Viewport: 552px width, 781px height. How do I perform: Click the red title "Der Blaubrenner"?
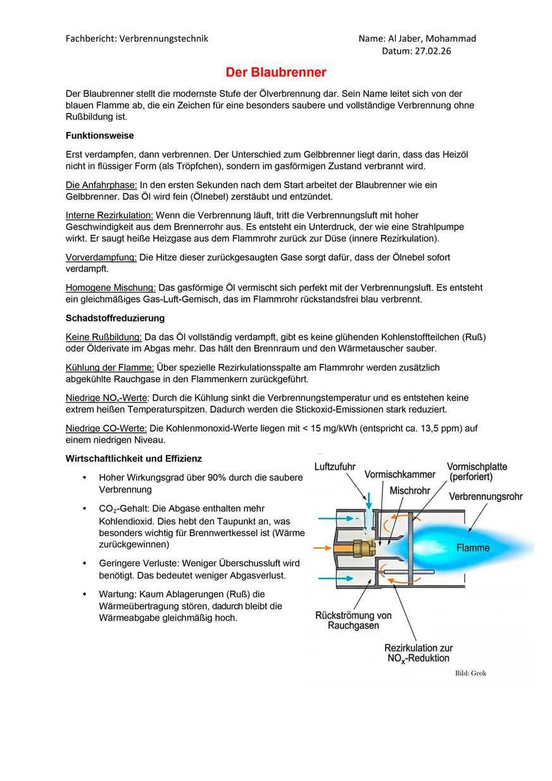pyautogui.click(x=276, y=73)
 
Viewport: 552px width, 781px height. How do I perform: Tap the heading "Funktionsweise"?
pyautogui.click(x=99, y=135)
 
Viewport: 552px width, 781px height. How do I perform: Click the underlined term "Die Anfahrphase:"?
pyautogui.click(x=101, y=185)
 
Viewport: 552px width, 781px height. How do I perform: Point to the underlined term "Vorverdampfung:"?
pyautogui.click(x=101, y=257)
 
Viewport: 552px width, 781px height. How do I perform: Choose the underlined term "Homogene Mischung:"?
pyautogui.click(x=111, y=287)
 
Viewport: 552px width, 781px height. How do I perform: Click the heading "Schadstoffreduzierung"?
pyautogui.click(x=115, y=318)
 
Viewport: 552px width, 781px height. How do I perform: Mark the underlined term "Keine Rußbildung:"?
pyautogui.click(x=104, y=337)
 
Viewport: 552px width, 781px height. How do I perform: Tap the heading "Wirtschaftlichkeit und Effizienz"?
pyautogui.click(x=134, y=458)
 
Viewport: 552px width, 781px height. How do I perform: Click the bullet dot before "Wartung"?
pyautogui.click(x=84, y=594)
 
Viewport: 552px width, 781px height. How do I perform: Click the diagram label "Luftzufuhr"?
pyautogui.click(x=335, y=466)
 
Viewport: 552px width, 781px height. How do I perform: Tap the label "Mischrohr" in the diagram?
pyautogui.click(x=410, y=490)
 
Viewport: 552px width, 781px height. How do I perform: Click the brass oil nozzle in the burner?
pyautogui.click(x=364, y=547)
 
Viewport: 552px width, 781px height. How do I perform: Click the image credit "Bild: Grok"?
pyautogui.click(x=471, y=673)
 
